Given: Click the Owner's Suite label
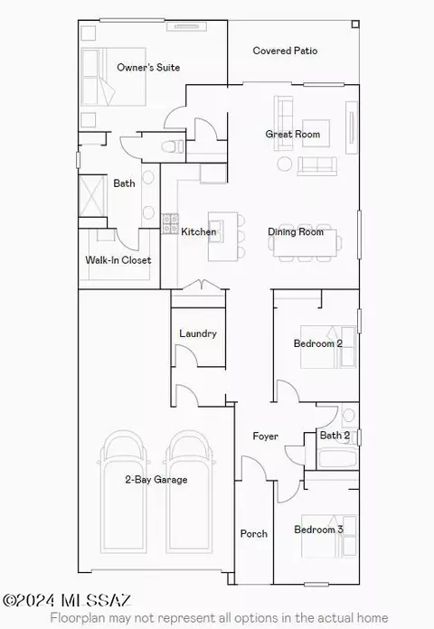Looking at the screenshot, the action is click(x=148, y=67).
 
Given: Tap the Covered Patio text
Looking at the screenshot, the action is click(x=285, y=51).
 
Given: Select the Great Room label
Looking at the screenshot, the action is click(x=293, y=134).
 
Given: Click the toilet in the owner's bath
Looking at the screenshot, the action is click(x=173, y=146).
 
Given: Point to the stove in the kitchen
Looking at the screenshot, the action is click(x=170, y=224).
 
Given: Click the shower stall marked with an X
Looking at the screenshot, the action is click(x=93, y=196).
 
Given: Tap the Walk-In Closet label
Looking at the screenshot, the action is click(x=118, y=260).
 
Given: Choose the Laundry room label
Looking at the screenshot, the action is click(x=198, y=333).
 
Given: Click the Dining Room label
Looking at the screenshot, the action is click(x=296, y=231).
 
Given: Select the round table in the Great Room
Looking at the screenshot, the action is click(x=285, y=164).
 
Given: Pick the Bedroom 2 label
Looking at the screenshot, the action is click(x=318, y=343).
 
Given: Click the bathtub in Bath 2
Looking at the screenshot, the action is click(x=337, y=458).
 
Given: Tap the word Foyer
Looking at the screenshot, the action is click(x=266, y=436).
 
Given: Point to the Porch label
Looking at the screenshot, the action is click(x=254, y=533).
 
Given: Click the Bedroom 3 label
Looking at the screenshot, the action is click(x=319, y=530).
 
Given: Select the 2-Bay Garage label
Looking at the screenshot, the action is click(x=156, y=479).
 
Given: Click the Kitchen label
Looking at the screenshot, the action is click(x=199, y=231).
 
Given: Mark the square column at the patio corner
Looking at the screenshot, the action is click(x=355, y=24).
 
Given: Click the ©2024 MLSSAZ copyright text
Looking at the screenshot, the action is click(x=67, y=600).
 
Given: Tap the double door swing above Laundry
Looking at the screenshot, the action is click(x=201, y=285).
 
